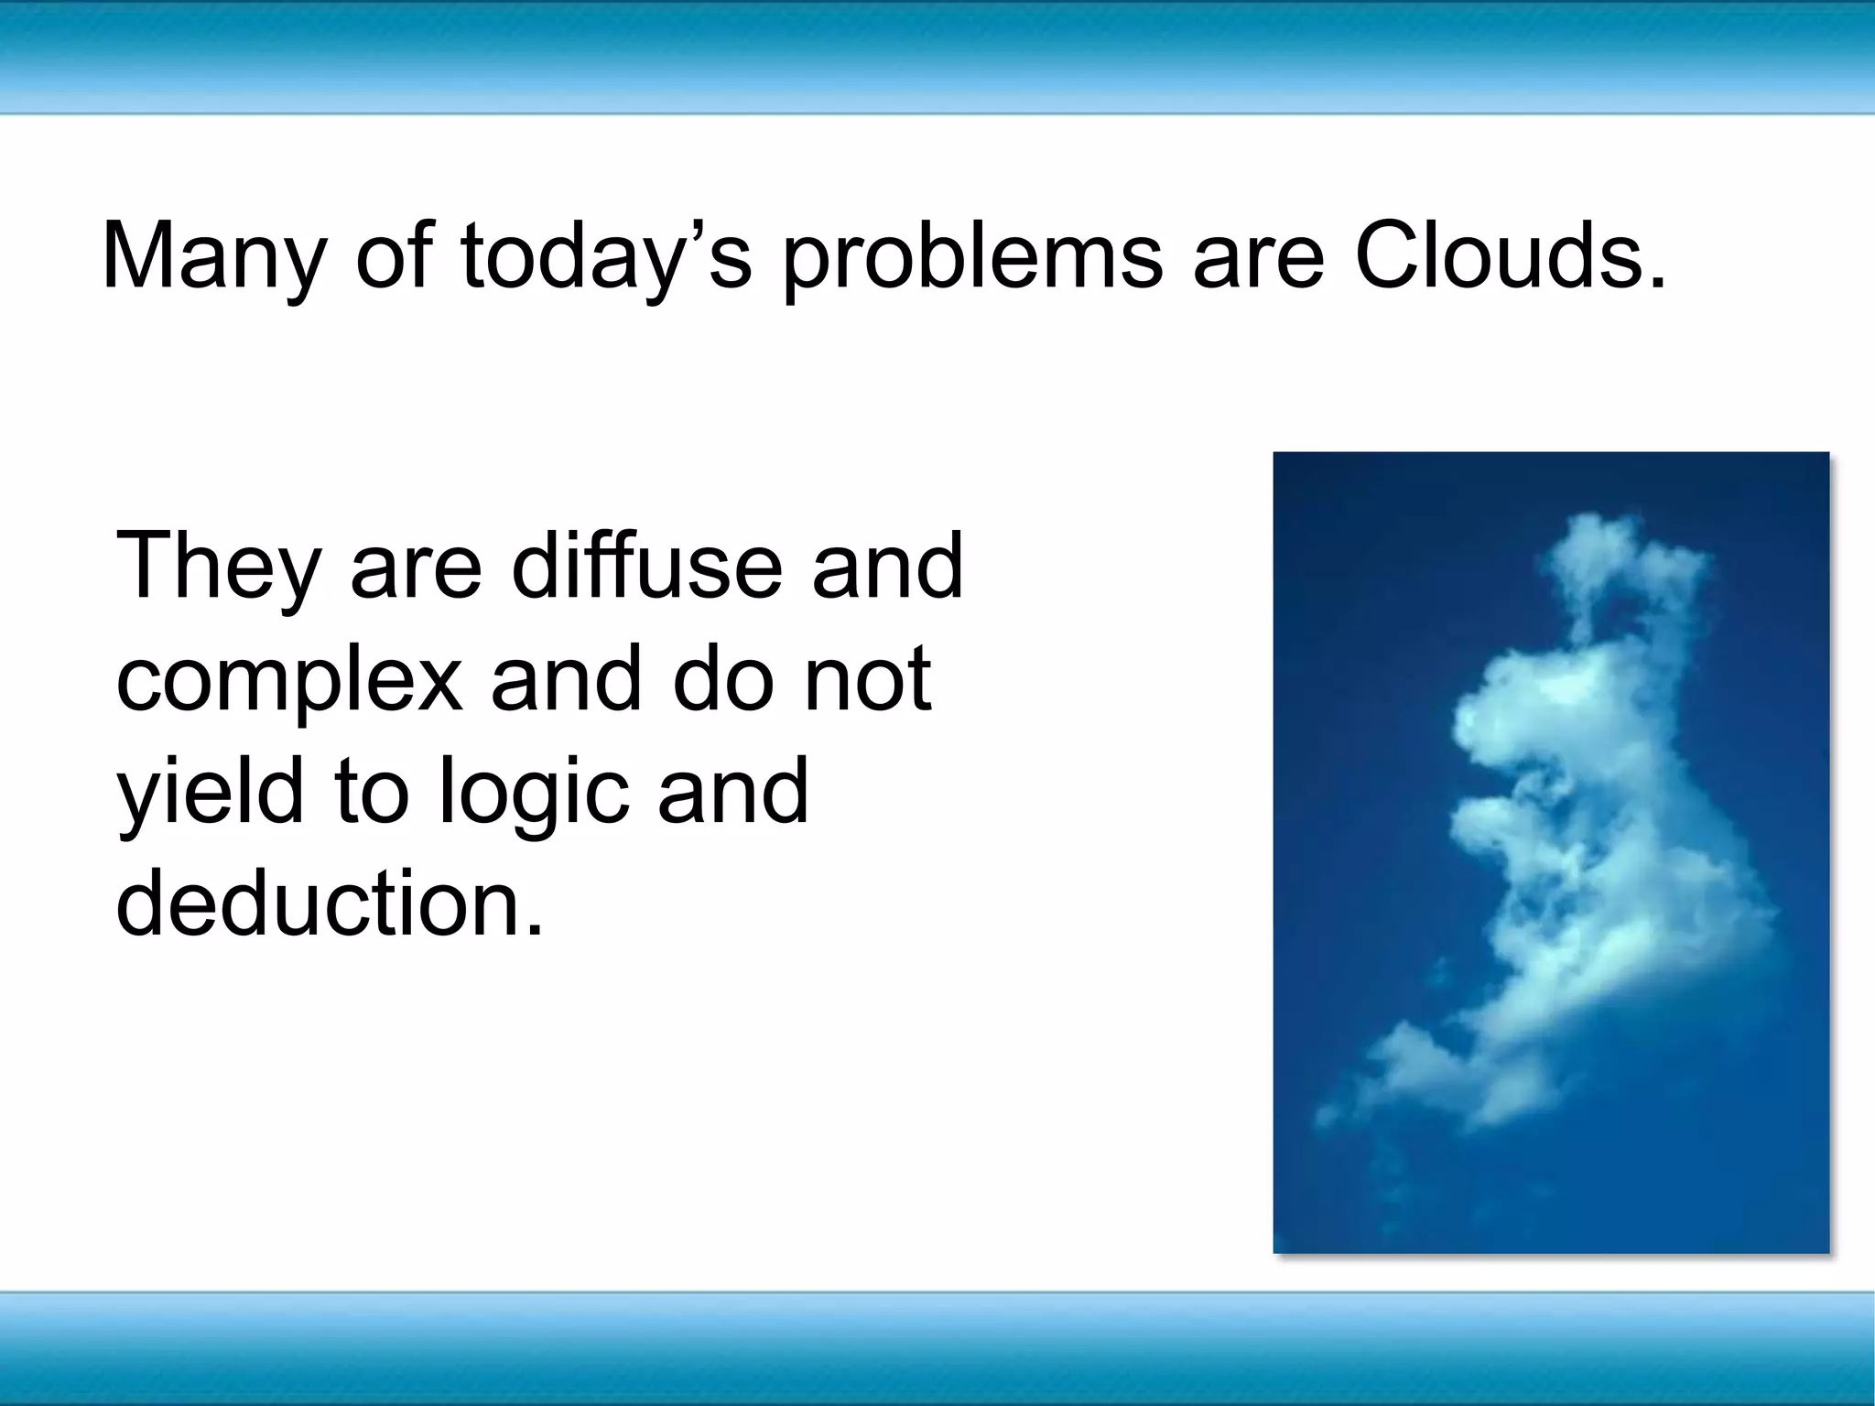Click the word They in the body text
219,568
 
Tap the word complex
289,682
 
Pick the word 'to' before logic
371,791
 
